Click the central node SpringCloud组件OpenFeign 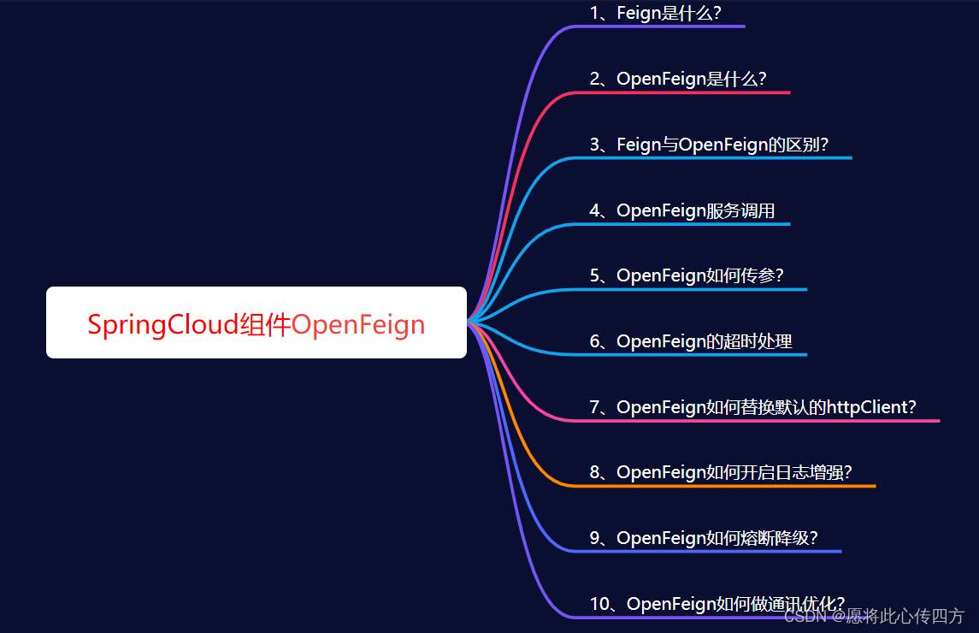pyautogui.click(x=256, y=323)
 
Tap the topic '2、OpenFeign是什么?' pyautogui.click(x=678, y=79)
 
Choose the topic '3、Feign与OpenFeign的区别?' pyautogui.click(x=709, y=145)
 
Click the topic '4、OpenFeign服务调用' pyautogui.click(x=682, y=210)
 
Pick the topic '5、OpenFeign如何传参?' pyautogui.click(x=687, y=275)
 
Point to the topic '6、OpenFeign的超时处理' pyautogui.click(x=691, y=341)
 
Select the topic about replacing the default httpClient pyautogui.click(x=752, y=407)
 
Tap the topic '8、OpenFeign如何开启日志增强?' pyautogui.click(x=721, y=472)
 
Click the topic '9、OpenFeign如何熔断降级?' pyautogui.click(x=704, y=538)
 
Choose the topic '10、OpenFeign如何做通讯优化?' pyautogui.click(x=717, y=604)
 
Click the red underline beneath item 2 pyautogui.click(x=684, y=92)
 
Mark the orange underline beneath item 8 pyautogui.click(x=727, y=486)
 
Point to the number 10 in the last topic pyautogui.click(x=599, y=604)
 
